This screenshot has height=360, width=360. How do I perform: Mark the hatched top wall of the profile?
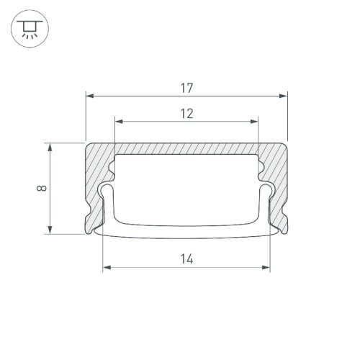click(186, 148)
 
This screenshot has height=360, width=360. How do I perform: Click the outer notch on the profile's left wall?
click(87, 215)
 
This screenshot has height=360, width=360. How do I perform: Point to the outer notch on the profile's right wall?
click(286, 215)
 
